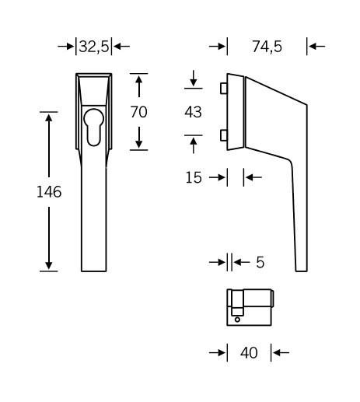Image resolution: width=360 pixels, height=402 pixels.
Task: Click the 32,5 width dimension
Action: tap(94, 47)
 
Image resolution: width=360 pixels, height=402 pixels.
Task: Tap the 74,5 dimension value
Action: tap(267, 47)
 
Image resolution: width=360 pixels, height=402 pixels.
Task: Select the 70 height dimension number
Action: tap(138, 112)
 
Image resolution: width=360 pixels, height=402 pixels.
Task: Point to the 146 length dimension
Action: tap(49, 192)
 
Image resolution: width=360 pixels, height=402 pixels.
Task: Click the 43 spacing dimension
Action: tap(193, 112)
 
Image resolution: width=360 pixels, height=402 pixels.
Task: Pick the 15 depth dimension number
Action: tap(194, 177)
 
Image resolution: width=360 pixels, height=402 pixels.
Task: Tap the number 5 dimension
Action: tap(260, 262)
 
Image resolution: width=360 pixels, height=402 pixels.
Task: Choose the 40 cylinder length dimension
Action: tap(249, 353)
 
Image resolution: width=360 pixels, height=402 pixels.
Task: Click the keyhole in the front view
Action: tap(94, 127)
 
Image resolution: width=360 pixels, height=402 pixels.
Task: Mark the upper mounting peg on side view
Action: tap(224, 89)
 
